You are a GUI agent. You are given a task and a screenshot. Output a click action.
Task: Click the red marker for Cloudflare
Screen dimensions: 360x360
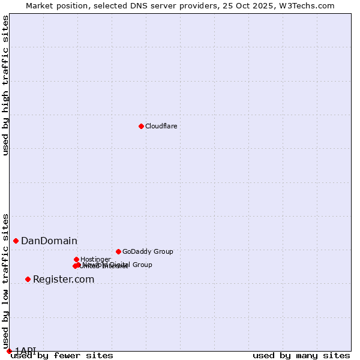click(x=141, y=126)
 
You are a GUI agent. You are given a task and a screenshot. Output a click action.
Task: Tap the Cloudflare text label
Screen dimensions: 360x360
click(x=161, y=126)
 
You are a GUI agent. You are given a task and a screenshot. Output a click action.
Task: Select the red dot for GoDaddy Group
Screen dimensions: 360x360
click(x=118, y=251)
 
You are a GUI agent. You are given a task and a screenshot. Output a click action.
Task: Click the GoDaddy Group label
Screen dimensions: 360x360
click(x=148, y=252)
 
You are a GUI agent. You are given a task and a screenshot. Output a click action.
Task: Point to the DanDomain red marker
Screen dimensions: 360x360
click(x=16, y=241)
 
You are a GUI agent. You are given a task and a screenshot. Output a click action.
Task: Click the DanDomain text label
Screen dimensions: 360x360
click(x=49, y=241)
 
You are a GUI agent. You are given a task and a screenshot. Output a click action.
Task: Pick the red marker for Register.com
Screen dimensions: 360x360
click(x=28, y=279)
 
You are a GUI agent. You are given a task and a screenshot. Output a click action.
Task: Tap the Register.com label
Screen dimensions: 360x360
click(x=64, y=280)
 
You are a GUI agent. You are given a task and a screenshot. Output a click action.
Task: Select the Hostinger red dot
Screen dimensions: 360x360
click(x=76, y=259)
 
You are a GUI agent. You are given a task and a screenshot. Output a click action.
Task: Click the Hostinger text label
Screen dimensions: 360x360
click(x=95, y=260)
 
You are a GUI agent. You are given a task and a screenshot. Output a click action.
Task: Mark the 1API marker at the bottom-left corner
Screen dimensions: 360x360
click(x=9, y=351)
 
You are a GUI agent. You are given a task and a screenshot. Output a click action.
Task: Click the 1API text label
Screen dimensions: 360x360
click(x=25, y=350)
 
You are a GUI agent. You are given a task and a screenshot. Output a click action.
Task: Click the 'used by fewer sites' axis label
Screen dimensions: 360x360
click(x=62, y=355)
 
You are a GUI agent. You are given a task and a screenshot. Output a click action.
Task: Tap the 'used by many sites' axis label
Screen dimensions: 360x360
click(x=301, y=355)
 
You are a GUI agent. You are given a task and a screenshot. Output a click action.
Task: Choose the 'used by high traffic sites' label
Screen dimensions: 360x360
click(x=5, y=85)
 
